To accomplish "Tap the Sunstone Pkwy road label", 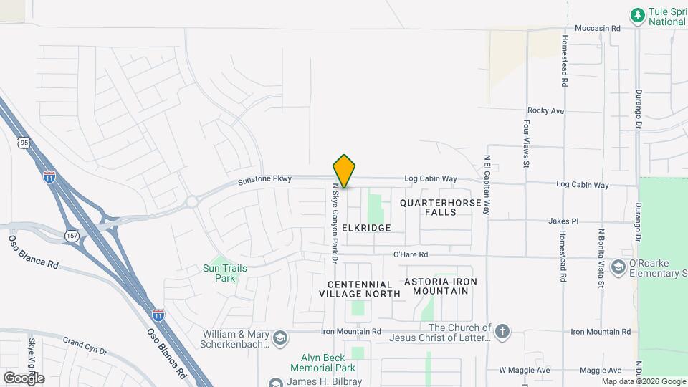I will tap(265, 179).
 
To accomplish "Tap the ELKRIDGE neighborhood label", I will tap(366, 228).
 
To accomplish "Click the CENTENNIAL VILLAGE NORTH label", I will tap(360, 289).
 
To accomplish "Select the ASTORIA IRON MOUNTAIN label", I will tap(441, 286).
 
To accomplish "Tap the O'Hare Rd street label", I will tap(411, 254).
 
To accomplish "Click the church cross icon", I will tap(503, 331).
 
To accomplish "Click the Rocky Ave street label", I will tap(546, 111).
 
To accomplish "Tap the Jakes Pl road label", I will tap(563, 221).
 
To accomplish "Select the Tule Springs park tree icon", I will tap(637, 14).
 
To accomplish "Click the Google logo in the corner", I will tap(24, 378).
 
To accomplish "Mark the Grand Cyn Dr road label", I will tap(84, 346).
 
